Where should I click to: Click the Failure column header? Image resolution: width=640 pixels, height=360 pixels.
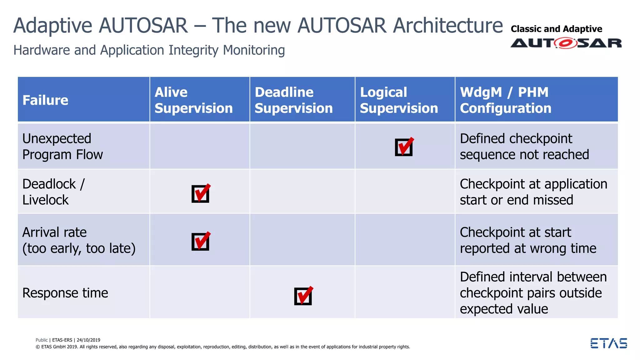tap(45, 100)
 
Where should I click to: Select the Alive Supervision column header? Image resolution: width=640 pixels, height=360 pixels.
tap(193, 100)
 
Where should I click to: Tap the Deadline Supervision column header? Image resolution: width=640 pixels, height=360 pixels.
tap(293, 100)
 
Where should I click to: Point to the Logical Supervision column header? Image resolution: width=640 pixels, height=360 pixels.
tap(399, 100)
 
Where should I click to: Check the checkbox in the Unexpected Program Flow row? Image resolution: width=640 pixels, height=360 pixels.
tap(404, 147)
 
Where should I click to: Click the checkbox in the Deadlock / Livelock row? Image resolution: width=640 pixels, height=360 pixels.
tap(200, 193)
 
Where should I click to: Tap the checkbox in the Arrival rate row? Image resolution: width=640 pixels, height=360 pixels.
tap(200, 241)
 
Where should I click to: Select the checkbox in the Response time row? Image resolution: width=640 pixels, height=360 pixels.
tap(303, 296)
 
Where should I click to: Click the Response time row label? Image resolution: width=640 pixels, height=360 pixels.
tap(65, 293)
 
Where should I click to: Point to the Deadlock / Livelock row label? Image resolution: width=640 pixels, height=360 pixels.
tap(53, 192)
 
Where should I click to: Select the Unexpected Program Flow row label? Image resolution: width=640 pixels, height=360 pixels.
tap(62, 147)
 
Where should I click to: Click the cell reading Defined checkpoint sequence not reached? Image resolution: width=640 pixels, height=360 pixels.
tap(524, 147)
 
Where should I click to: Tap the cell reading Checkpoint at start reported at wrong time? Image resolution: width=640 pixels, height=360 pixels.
tap(528, 240)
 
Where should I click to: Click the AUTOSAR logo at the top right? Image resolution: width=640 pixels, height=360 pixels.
tap(566, 43)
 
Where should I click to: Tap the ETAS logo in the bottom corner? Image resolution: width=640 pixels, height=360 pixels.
tap(608, 343)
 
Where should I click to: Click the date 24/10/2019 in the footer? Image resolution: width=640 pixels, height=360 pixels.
tap(88, 340)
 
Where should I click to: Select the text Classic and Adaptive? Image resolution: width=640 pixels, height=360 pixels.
tap(556, 29)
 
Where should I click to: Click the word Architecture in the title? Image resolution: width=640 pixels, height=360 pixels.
tap(447, 25)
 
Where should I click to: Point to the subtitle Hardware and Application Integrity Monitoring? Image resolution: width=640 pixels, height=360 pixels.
tap(149, 50)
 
